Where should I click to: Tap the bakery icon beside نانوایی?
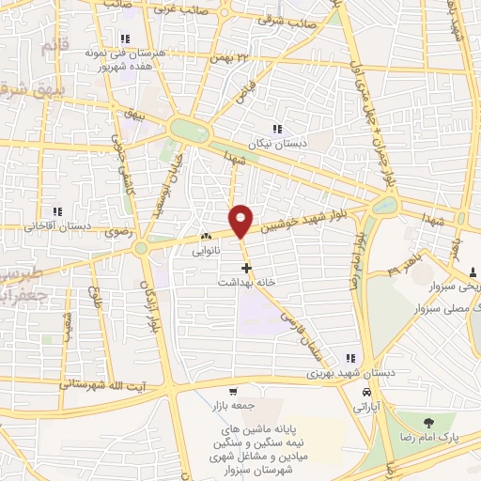206,236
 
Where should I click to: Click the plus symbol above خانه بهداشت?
247,268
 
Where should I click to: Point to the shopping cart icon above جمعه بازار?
232,392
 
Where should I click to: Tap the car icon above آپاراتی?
366,393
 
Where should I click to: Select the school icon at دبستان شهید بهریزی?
351,358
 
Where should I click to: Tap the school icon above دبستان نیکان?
276,129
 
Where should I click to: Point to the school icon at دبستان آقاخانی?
56,211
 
